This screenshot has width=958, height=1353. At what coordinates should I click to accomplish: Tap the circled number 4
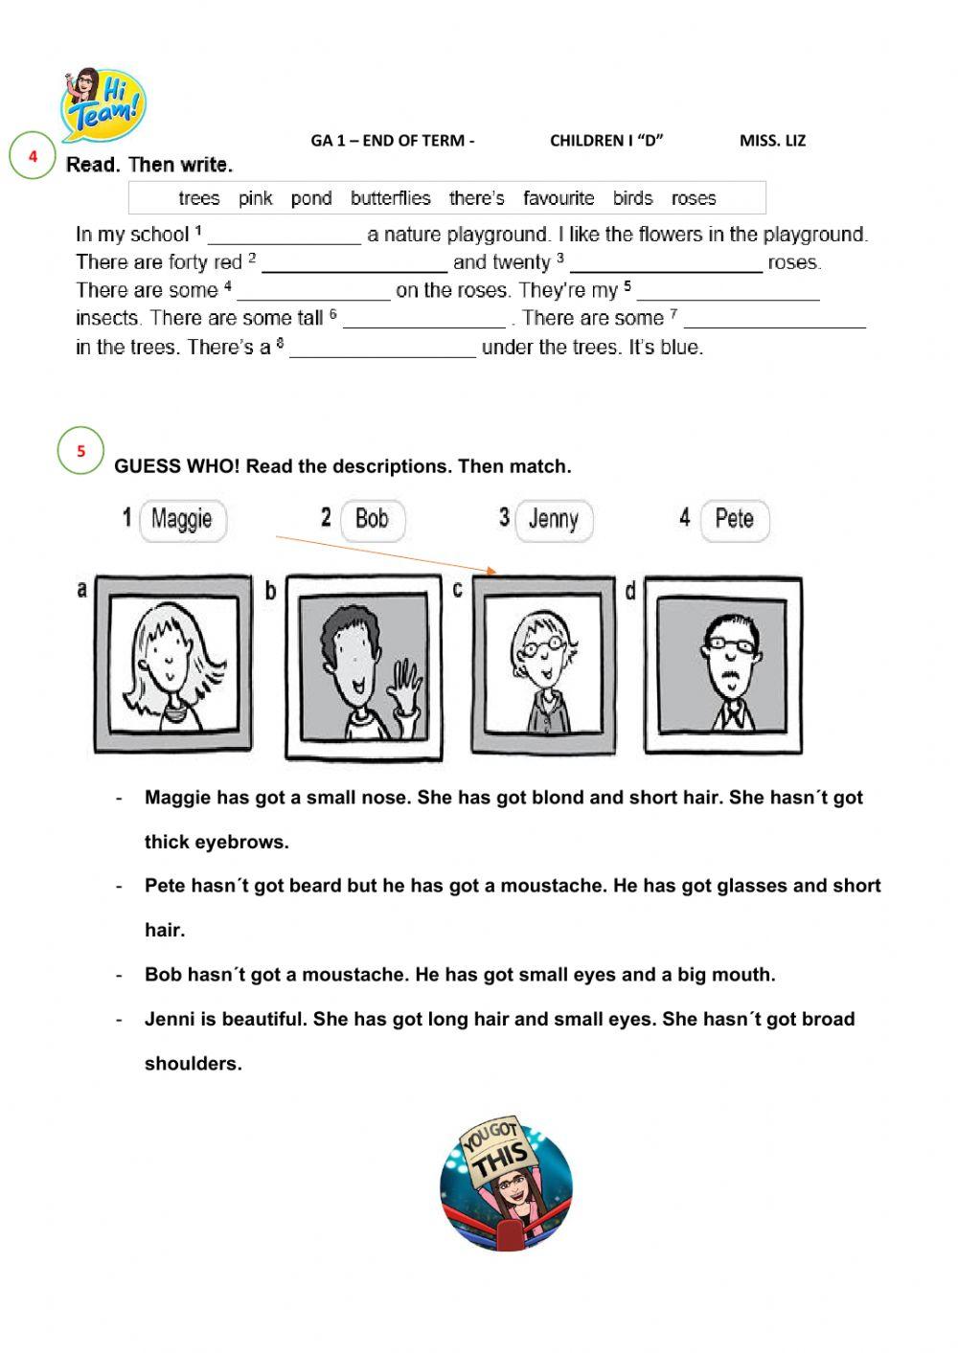coord(33,156)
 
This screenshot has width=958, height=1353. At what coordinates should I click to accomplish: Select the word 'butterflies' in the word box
coord(390,198)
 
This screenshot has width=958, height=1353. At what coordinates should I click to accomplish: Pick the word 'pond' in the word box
coord(311,198)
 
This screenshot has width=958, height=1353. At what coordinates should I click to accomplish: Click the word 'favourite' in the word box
coord(559,198)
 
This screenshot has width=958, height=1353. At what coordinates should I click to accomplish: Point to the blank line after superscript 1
coord(285,237)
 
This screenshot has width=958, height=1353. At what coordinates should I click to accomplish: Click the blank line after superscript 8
coord(382,350)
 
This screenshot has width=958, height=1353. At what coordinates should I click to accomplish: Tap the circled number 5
coord(80,451)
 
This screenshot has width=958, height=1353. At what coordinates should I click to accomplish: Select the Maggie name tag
coord(182,520)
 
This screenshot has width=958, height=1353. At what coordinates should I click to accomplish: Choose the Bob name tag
coord(372,520)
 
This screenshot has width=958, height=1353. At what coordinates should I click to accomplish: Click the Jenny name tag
coord(553,520)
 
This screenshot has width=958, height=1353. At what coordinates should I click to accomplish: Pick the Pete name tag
coord(734,520)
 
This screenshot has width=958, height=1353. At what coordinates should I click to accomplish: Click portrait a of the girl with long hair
coord(172,663)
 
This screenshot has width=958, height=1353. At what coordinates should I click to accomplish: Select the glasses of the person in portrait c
coord(541,648)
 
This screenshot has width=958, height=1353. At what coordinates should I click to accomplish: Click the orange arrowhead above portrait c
coord(492,571)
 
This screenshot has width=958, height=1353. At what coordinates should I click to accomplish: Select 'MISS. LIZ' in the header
coord(772,141)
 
